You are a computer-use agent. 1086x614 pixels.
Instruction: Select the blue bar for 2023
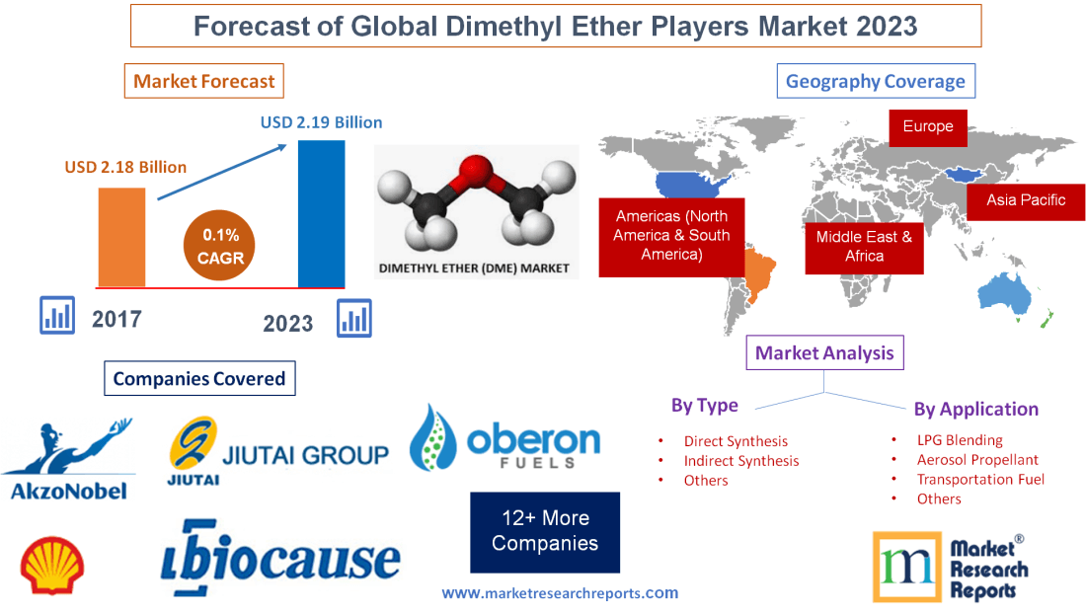(321, 213)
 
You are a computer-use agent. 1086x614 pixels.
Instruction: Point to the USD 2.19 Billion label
(321, 123)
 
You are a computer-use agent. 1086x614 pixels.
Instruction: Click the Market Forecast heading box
(204, 81)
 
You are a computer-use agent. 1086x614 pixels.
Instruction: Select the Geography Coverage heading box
(876, 81)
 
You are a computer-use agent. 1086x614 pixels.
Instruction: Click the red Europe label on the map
(927, 126)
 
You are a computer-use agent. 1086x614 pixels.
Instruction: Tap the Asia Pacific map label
(1026, 200)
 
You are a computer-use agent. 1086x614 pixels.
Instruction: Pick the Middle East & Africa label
(864, 246)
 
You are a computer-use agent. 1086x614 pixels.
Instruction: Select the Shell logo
(52, 565)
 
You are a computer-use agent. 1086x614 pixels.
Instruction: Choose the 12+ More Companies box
(545, 531)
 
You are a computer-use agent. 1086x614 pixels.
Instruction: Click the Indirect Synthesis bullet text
(741, 461)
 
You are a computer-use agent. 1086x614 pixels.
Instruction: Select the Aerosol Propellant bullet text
(977, 460)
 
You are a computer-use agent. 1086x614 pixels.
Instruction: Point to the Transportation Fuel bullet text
(980, 480)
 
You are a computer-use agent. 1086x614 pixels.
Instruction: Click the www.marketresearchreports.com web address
(560, 593)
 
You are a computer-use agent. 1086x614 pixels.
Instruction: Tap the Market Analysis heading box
(824, 352)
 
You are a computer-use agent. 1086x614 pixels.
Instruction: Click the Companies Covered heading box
(198, 378)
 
